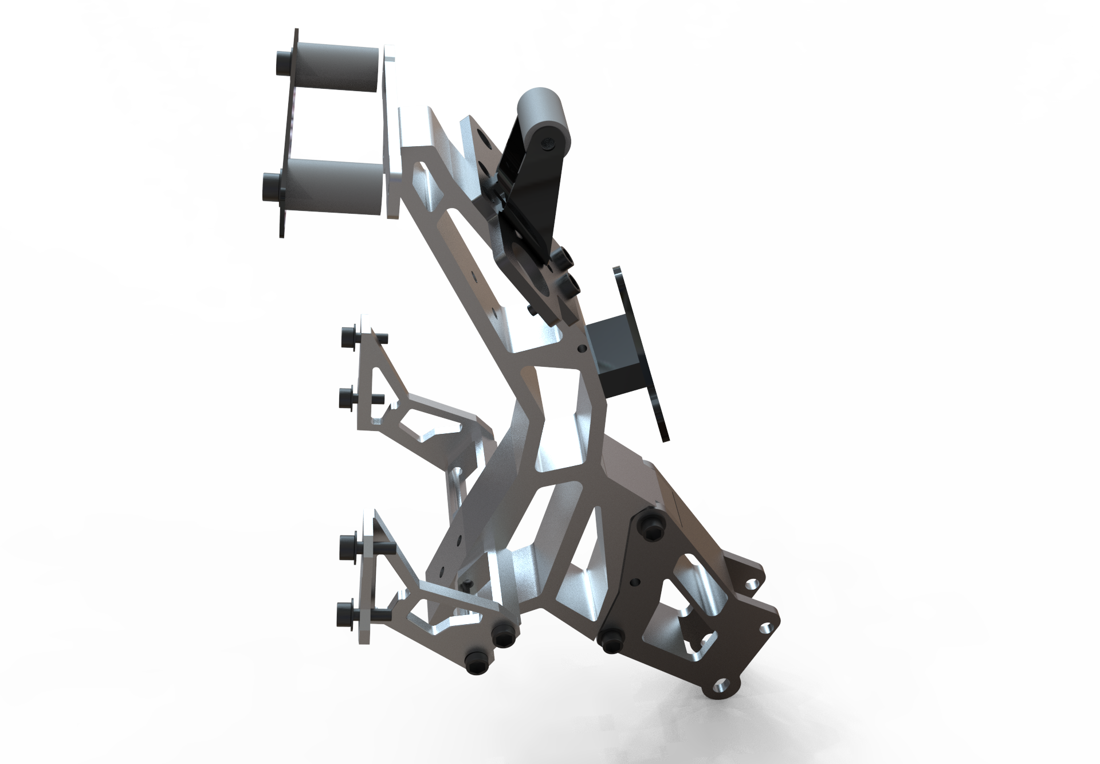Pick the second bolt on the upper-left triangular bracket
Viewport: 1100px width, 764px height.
(x=347, y=397)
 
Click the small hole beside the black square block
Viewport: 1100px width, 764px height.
(x=583, y=347)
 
